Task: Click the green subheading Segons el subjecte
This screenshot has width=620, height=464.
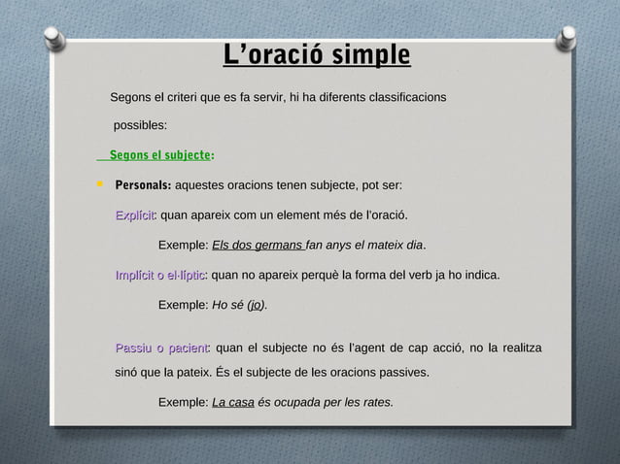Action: point(160,154)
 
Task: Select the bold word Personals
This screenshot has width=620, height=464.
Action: point(143,184)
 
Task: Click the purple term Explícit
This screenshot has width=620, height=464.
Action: point(135,215)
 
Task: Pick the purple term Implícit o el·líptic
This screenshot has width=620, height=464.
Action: point(160,276)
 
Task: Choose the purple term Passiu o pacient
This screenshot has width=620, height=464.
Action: point(161,348)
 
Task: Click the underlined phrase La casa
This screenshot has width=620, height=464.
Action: point(232,402)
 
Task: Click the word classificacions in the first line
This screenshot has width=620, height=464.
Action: point(402,98)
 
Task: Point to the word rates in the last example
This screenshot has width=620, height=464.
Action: point(376,402)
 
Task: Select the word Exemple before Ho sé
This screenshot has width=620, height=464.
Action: point(182,306)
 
